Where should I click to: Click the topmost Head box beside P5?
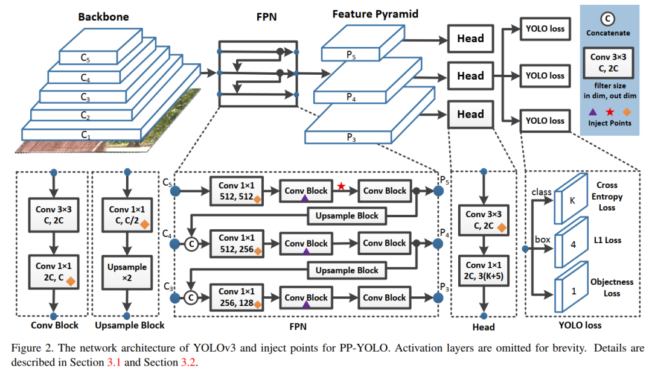pyautogui.click(x=470, y=39)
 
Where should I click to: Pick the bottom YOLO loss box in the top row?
pyautogui.click(x=545, y=121)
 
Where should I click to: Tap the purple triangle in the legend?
pyautogui.click(x=593, y=112)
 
